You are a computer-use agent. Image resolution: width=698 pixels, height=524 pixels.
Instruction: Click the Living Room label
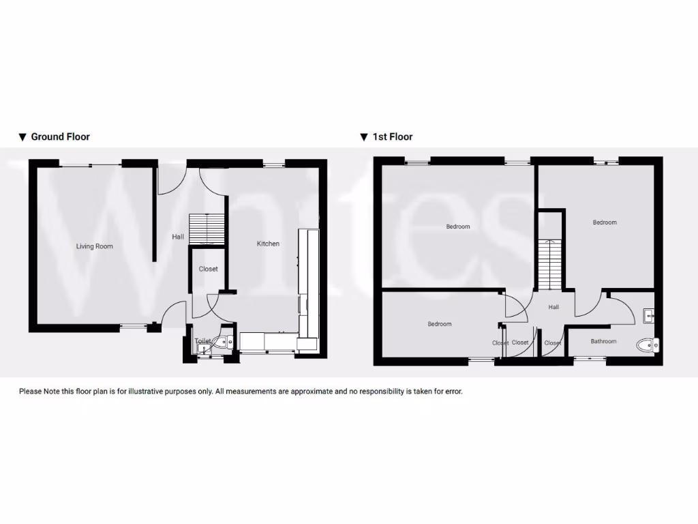pos(95,246)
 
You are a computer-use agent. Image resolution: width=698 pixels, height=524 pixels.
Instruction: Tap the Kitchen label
pos(268,244)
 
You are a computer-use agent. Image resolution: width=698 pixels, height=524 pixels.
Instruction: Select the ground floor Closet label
pos(209,269)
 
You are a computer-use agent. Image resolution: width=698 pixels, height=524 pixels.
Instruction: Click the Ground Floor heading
pos(61,136)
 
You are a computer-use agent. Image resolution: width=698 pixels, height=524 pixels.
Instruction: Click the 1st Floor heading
pos(393,136)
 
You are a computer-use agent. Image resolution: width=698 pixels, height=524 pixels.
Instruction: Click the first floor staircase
pos(550,265)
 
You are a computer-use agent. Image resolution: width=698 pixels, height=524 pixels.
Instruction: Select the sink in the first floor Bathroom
pos(648,315)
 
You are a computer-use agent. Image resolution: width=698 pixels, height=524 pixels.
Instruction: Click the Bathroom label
pos(603,341)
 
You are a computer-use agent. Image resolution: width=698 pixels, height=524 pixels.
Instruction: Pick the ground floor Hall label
pos(178,237)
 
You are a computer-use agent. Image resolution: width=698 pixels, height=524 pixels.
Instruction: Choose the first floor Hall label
pos(553,307)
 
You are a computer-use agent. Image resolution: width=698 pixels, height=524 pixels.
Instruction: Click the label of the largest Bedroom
pos(458,227)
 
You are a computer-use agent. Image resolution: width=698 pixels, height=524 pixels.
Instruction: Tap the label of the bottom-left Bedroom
pos(440,324)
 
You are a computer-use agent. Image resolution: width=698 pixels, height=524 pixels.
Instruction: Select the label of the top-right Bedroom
pos(605,222)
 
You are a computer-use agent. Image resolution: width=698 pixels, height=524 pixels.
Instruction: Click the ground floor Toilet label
pos(202,340)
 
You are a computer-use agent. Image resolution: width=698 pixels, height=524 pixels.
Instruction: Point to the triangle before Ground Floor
pos(22,137)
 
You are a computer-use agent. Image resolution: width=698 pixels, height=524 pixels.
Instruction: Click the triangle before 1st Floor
pos(365,137)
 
